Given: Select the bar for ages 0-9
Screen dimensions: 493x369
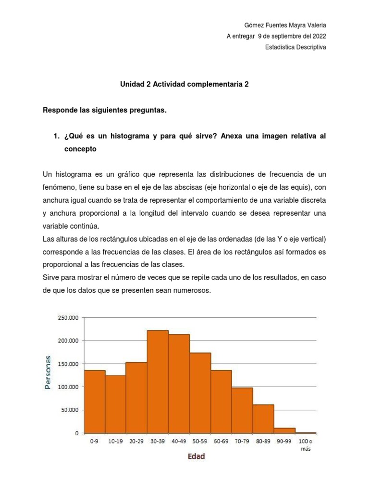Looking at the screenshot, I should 95,402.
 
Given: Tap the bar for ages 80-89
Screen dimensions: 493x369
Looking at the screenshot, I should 263,419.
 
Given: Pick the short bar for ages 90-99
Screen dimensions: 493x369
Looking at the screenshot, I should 284,430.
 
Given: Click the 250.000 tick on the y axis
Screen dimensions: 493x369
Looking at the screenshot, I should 68,318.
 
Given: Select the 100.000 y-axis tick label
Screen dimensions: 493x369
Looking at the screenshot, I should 68,387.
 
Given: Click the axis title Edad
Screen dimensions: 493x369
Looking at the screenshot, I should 196,456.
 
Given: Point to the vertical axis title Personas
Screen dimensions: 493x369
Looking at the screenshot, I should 48,372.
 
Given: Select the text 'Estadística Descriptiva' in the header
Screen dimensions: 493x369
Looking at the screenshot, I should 295,47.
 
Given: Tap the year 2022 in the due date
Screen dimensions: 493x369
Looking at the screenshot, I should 319,37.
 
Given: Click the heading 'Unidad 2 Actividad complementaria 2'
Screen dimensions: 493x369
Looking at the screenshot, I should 184,84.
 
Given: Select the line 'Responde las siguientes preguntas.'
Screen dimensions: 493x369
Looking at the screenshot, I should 105,110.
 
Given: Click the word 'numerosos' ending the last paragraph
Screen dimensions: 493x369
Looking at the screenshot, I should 193,290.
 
